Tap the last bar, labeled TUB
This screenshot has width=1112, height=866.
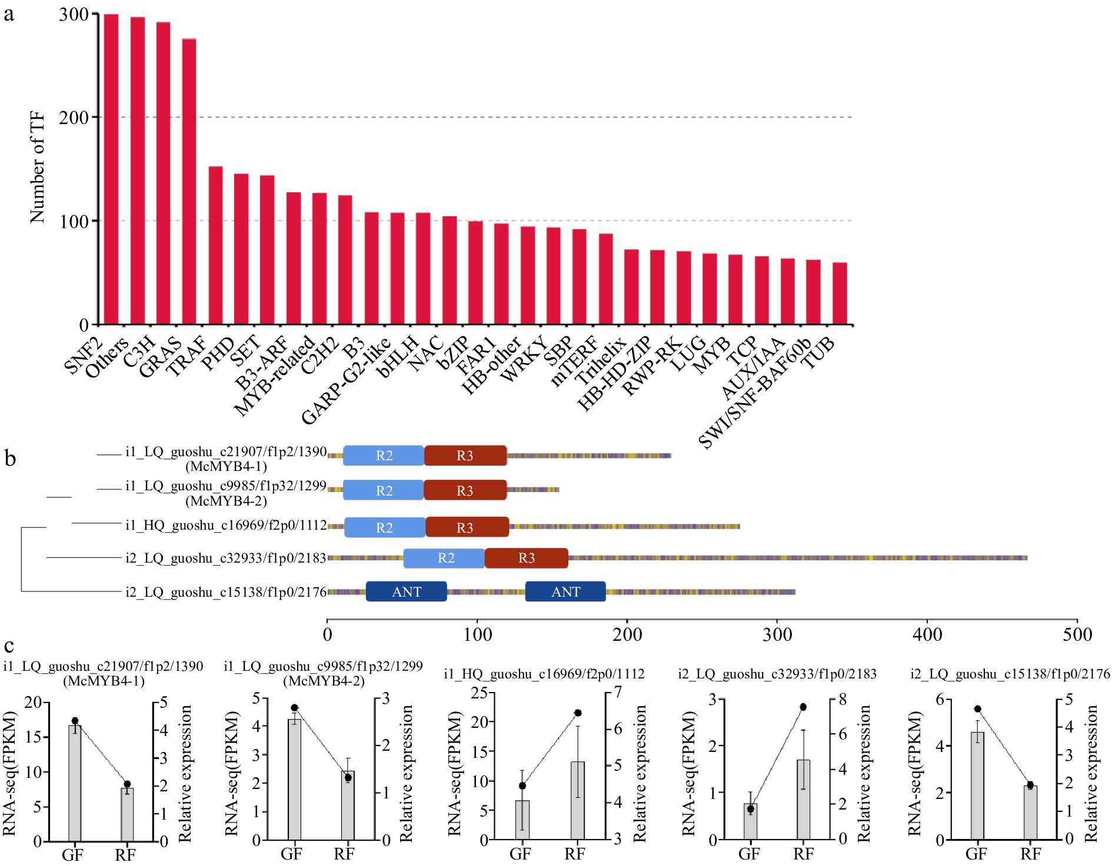point(840,293)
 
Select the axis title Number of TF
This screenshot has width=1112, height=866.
point(37,168)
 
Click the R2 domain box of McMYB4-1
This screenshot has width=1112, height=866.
point(384,456)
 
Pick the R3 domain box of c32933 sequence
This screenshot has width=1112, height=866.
point(527,558)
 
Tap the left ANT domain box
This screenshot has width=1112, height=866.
point(407,592)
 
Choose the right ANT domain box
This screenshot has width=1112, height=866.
point(565,592)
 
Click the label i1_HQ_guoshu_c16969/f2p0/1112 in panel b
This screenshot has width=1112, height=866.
point(226,525)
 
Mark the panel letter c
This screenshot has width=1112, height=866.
point(9,646)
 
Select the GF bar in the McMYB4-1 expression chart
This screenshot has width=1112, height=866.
point(75,782)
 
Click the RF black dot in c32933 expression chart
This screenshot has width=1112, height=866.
point(803,707)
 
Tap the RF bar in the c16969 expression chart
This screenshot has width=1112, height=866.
point(578,800)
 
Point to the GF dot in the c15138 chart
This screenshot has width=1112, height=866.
point(978,709)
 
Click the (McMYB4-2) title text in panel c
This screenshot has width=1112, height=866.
point(324,681)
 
